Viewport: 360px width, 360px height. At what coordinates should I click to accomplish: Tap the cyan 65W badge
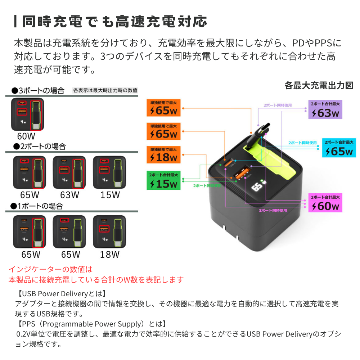[339, 148]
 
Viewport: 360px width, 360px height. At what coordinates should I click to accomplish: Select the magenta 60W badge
[325, 203]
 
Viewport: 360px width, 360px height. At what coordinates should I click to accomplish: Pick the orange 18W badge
[163, 154]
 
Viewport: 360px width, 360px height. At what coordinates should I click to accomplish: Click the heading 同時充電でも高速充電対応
[114, 22]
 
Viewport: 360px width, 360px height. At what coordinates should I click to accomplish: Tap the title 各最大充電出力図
[319, 86]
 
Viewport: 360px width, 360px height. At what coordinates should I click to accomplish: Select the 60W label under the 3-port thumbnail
[26, 136]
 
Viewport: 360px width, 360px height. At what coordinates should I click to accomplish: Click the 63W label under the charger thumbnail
[69, 195]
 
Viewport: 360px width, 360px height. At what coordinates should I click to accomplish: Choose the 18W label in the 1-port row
[110, 255]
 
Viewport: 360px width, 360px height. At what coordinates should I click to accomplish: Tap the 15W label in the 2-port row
[110, 195]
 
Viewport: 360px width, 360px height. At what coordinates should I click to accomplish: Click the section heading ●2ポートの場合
[39, 147]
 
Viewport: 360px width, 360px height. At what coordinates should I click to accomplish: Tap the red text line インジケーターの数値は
[50, 269]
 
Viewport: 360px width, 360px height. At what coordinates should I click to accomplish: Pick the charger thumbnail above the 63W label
[69, 172]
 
